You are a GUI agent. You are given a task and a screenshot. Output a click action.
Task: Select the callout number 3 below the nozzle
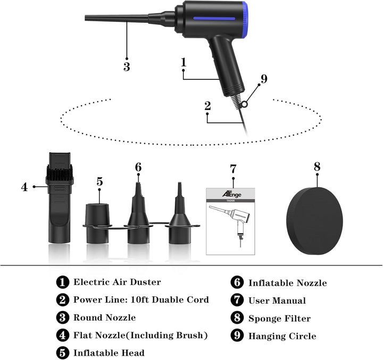[127, 67]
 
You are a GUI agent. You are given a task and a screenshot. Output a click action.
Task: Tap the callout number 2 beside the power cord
[207, 105]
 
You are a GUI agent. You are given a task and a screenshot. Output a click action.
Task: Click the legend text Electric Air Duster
[116, 282]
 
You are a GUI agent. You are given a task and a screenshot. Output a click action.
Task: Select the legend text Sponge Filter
[279, 319]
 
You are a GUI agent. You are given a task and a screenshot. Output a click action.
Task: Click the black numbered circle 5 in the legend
[63, 353]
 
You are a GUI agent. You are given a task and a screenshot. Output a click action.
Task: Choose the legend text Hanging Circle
[282, 336]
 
